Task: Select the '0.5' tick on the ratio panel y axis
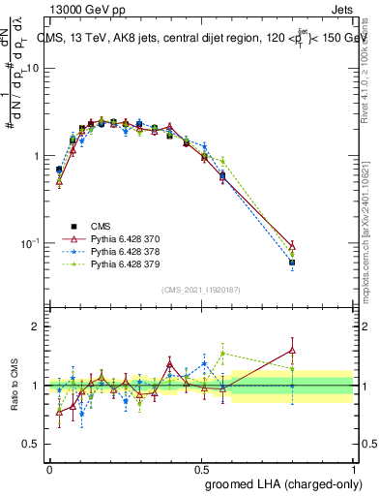coord(31,444)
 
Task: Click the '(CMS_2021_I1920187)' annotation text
coord(201,289)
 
